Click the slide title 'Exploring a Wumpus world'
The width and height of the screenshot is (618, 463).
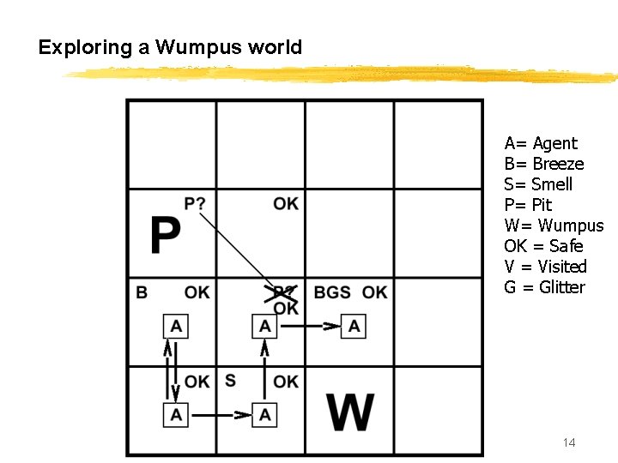170,48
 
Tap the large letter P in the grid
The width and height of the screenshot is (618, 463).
165,235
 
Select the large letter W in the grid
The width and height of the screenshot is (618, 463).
351,412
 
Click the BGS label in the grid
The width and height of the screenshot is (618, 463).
332,292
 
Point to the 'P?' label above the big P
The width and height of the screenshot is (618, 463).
195,203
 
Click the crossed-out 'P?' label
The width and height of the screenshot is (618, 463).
284,292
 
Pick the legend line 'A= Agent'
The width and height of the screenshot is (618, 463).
541,143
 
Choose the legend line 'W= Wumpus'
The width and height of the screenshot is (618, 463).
554,225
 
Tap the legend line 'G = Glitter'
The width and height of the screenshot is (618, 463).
544,287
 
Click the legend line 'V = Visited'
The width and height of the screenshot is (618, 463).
545,267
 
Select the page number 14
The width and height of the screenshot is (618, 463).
568,442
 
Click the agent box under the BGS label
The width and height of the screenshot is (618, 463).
354,326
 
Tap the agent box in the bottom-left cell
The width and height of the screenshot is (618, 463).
176,415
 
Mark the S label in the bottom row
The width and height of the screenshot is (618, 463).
230,380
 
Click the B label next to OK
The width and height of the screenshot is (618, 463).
142,292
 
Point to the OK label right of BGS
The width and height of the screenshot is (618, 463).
374,292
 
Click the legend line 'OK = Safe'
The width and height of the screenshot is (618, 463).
543,246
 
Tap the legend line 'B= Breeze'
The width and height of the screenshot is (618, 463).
544,164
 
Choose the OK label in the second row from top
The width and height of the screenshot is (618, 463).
286,203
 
